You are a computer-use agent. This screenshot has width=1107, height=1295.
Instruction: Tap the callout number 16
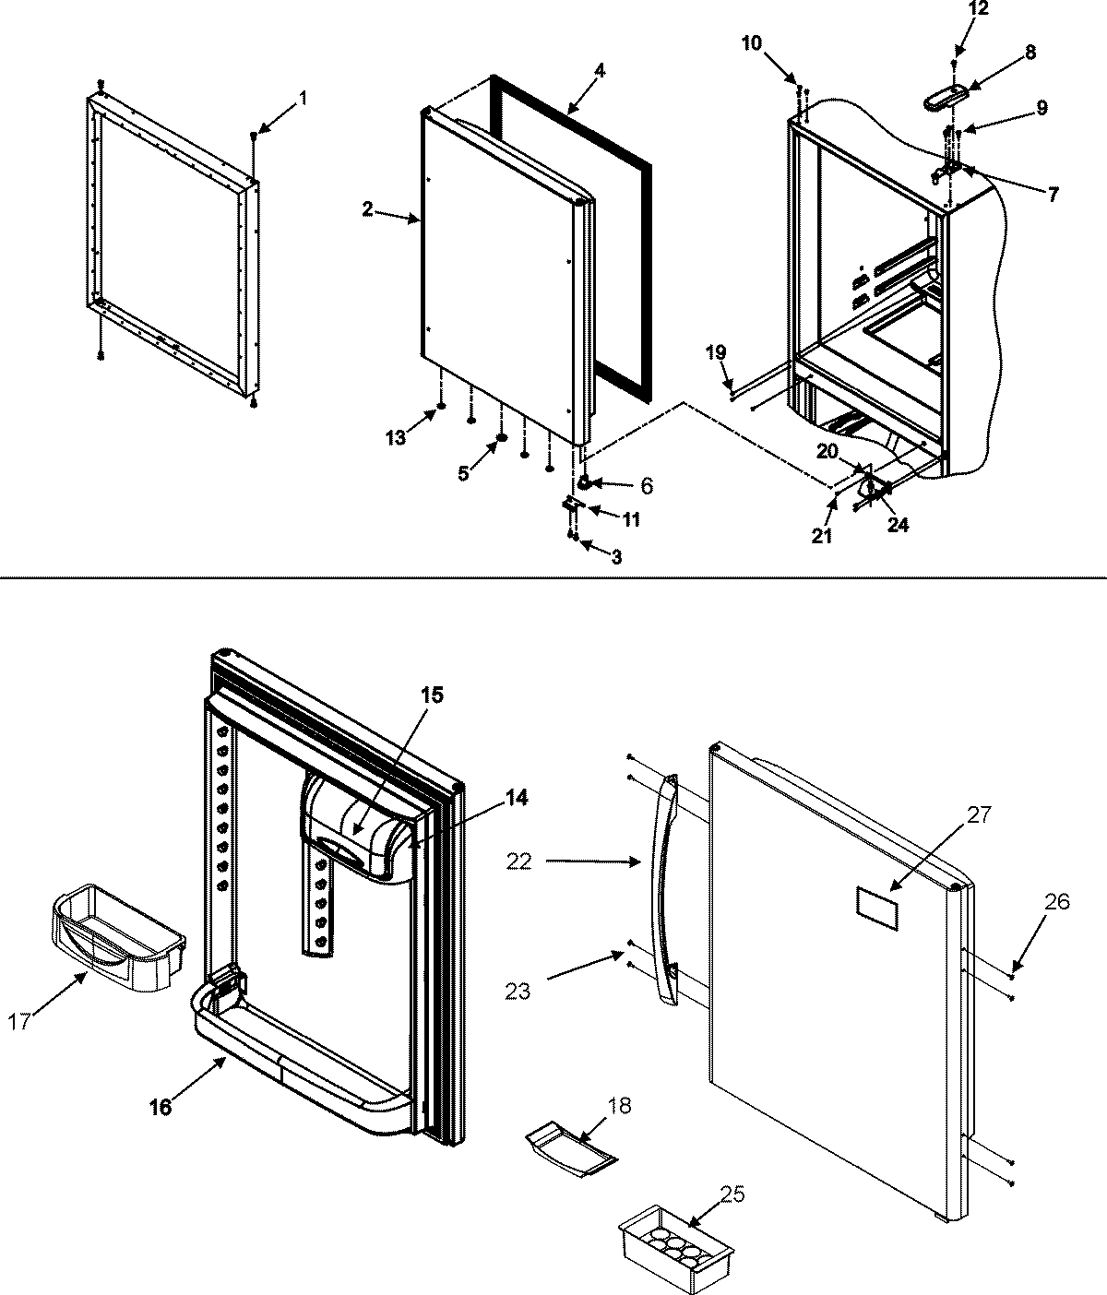(x=161, y=1107)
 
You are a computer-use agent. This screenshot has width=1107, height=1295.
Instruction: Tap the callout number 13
(x=395, y=439)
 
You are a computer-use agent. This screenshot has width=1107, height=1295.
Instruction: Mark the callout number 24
(x=897, y=524)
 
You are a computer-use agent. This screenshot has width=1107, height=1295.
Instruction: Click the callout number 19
(x=716, y=352)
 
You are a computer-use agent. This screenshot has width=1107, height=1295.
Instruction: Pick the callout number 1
(x=304, y=98)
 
